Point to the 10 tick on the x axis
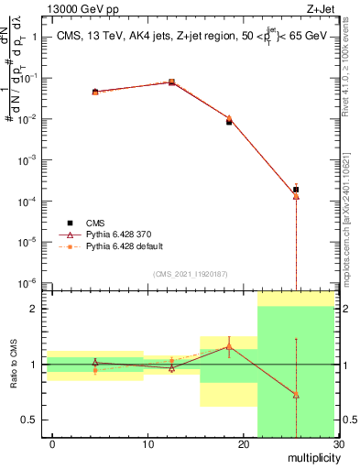point(147,444)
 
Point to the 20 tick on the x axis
point(243,444)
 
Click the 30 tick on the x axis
point(337,444)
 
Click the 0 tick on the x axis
point(52,444)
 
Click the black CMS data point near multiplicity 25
point(296,190)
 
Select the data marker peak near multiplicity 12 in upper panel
point(171,82)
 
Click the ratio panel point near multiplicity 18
point(229,346)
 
